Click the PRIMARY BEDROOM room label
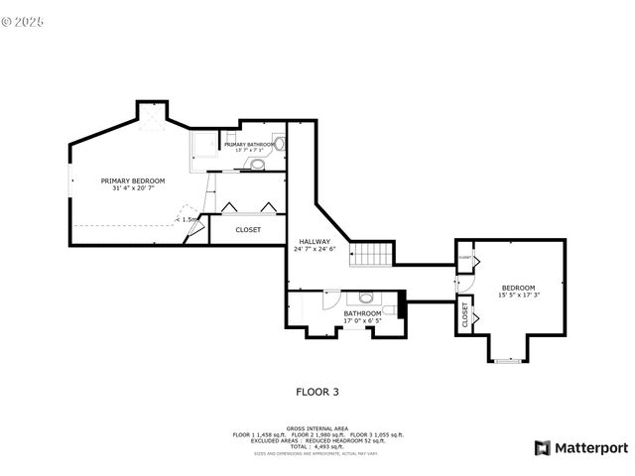coord(133,180)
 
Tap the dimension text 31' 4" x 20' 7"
coord(133,189)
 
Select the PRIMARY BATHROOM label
coord(249,145)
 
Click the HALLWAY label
coord(315,241)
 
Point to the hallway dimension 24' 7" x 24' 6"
coord(315,249)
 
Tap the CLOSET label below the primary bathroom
coord(248,229)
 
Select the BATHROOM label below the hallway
coord(362,313)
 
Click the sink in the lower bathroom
coord(366,297)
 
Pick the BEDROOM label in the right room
coord(520,288)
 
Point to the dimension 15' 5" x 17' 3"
coord(520,296)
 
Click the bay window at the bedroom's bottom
coord(508,361)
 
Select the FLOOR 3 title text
coord(317,392)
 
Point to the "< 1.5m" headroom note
coord(188,220)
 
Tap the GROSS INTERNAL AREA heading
coord(317,428)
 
